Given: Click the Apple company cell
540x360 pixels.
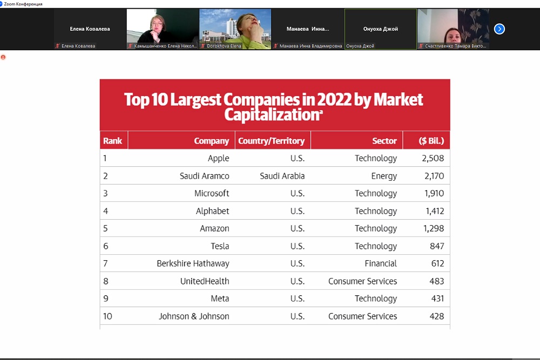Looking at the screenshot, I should point(218,158).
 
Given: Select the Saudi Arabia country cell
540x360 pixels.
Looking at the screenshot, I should point(282,176).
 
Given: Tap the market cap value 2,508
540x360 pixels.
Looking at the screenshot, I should point(434,158).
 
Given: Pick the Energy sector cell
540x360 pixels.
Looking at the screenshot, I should point(384,176).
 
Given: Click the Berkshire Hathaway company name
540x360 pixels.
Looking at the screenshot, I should point(193,263).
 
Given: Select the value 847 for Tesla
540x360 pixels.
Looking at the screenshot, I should point(437,246).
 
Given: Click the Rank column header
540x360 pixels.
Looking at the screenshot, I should point(113,141).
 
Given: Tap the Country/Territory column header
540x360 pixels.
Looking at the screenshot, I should point(271,141).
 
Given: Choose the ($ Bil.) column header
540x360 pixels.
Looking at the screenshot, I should point(431,141).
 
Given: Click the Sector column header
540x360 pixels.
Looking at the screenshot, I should point(384,141).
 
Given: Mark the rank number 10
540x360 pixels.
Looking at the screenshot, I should point(108,316).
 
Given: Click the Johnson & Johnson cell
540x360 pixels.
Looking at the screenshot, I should point(194,316).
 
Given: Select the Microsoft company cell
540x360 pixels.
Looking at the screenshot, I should point(212,193).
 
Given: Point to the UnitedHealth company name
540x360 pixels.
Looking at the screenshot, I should point(205,281).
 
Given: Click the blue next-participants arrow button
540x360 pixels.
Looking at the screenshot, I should point(500,29).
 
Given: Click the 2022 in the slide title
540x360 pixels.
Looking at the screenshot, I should point(334,100).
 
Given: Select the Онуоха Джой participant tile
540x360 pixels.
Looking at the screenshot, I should point(380,29).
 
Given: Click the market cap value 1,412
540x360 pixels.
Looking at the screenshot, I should point(434,211).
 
